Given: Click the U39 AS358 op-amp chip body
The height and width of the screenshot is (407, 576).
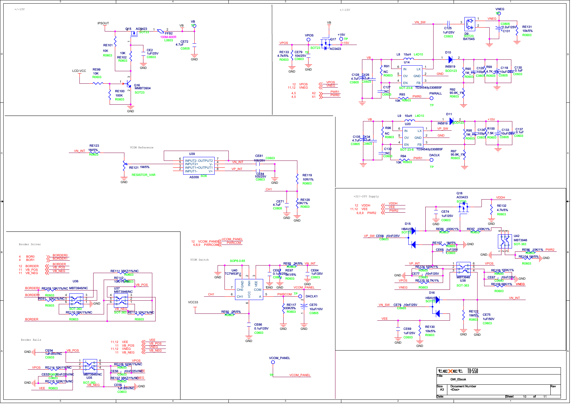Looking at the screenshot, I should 199,166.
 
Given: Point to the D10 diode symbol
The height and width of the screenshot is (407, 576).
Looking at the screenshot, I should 450,59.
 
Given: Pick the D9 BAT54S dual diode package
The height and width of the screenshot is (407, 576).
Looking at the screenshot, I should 469,24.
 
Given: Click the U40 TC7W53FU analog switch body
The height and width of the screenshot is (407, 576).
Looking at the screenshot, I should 249,289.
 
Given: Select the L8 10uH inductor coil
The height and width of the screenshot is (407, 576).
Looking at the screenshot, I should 409,59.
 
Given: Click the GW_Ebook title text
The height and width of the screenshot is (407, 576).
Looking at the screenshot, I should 458,379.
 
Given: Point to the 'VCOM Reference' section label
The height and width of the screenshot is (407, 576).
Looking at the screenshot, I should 141,148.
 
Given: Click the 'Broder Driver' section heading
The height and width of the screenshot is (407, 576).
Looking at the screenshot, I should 30,245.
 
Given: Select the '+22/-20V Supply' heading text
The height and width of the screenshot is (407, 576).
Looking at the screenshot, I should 366,197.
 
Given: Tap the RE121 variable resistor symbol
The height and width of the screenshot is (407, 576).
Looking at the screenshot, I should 124,166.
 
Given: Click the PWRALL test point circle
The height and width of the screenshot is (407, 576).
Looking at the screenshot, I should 431,98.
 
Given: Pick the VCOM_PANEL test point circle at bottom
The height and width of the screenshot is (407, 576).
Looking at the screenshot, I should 272,362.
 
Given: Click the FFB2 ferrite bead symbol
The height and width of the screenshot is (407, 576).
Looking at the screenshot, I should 161,31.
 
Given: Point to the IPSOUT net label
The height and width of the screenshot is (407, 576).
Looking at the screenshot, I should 103,23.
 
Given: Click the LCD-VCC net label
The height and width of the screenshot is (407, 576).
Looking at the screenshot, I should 79,71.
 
